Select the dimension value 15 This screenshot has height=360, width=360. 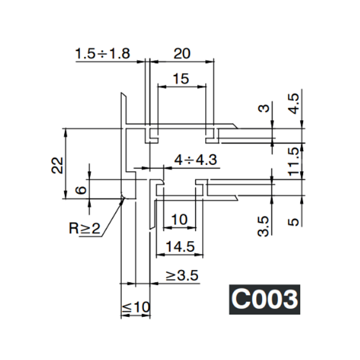[x=181, y=79]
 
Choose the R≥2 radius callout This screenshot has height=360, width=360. [x=85, y=228]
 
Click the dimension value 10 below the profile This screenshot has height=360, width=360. [x=179, y=220]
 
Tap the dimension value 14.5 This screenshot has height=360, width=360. [x=178, y=246]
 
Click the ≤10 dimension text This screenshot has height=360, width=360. [x=136, y=307]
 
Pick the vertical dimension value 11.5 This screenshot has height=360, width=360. [x=293, y=161]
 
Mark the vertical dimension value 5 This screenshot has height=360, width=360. [x=293, y=220]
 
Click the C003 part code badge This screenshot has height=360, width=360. [x=264, y=298]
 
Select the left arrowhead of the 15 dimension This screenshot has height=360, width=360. [x=160, y=86]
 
